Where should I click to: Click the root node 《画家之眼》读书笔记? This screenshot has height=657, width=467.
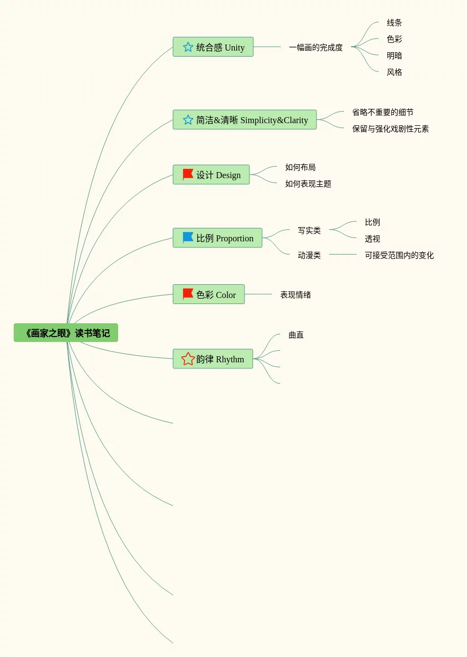click(x=66, y=333)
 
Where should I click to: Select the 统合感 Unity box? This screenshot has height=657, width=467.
click(x=213, y=47)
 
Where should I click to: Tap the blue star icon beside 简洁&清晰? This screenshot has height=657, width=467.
click(x=188, y=120)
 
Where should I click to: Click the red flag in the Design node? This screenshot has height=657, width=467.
click(x=188, y=174)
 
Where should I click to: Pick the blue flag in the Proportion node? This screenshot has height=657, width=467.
click(x=188, y=238)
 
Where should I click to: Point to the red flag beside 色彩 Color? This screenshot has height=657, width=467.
click(x=188, y=294)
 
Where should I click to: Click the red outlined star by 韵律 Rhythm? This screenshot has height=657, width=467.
click(x=188, y=359)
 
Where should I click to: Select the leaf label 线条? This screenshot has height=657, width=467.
click(x=394, y=23)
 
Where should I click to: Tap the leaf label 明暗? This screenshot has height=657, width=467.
click(x=394, y=56)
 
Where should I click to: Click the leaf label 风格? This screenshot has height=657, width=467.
click(x=394, y=72)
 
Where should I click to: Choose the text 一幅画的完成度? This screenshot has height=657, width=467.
click(x=316, y=47)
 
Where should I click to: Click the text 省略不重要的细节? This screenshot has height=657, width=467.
click(x=383, y=112)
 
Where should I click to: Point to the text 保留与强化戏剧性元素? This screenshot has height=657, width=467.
click(x=391, y=129)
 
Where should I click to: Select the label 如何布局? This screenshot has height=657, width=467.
click(x=301, y=167)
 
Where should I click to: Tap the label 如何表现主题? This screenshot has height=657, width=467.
click(x=308, y=184)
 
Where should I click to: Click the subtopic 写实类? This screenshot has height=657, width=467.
click(x=309, y=230)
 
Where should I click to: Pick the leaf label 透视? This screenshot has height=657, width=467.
click(x=373, y=239)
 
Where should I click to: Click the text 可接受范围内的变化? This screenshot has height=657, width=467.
click(x=399, y=255)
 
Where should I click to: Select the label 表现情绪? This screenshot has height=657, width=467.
click(x=296, y=295)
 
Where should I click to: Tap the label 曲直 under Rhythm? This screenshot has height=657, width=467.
click(x=296, y=335)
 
